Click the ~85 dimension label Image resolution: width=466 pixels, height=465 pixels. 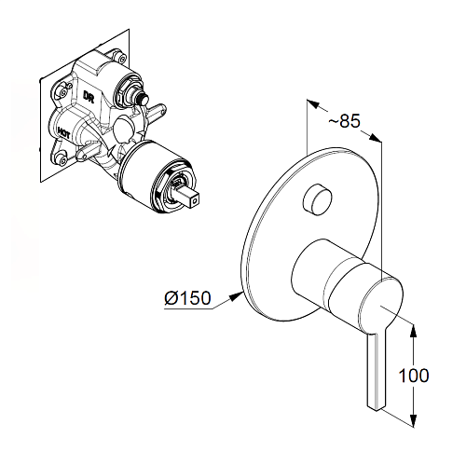click(344, 121)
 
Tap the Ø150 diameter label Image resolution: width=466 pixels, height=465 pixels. click(187, 298)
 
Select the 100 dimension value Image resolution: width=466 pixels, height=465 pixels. click(414, 376)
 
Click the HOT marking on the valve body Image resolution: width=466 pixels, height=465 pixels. click(63, 131)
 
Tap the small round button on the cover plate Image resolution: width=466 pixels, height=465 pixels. click(318, 199)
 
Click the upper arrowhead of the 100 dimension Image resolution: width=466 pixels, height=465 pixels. click(414, 331)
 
